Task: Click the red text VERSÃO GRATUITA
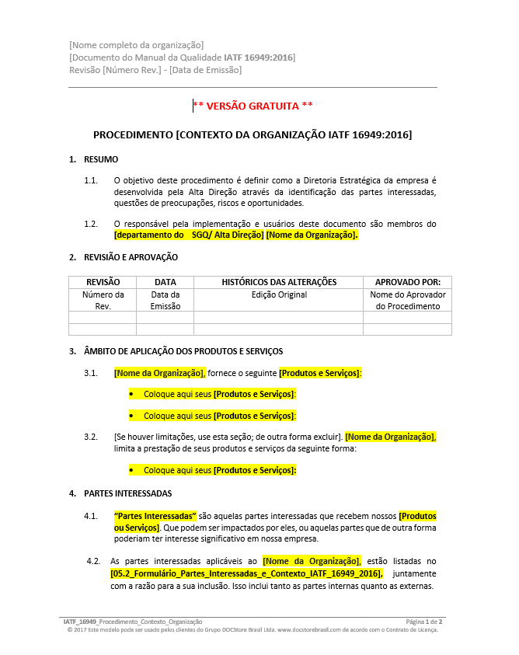coord(253,106)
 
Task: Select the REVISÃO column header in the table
coord(103,282)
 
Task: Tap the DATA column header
coord(165,282)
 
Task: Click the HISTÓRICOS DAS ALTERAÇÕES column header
coord(279,282)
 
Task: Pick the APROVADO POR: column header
coord(407,282)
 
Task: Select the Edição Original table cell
coord(279,295)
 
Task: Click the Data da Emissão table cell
coord(165,300)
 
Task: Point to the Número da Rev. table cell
coord(103,300)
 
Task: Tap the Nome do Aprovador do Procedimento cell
coord(407,300)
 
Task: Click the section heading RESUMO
coord(101,159)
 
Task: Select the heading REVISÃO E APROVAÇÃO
coord(131,257)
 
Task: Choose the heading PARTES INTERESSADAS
coord(127,493)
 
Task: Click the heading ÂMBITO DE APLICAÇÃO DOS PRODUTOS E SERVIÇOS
coord(183,351)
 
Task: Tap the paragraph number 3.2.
coord(91,437)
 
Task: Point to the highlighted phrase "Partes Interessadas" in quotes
coord(155,516)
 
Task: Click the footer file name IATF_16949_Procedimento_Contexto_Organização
coord(133,622)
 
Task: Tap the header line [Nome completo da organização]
coord(137,45)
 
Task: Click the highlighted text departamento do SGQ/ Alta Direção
coord(189,235)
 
